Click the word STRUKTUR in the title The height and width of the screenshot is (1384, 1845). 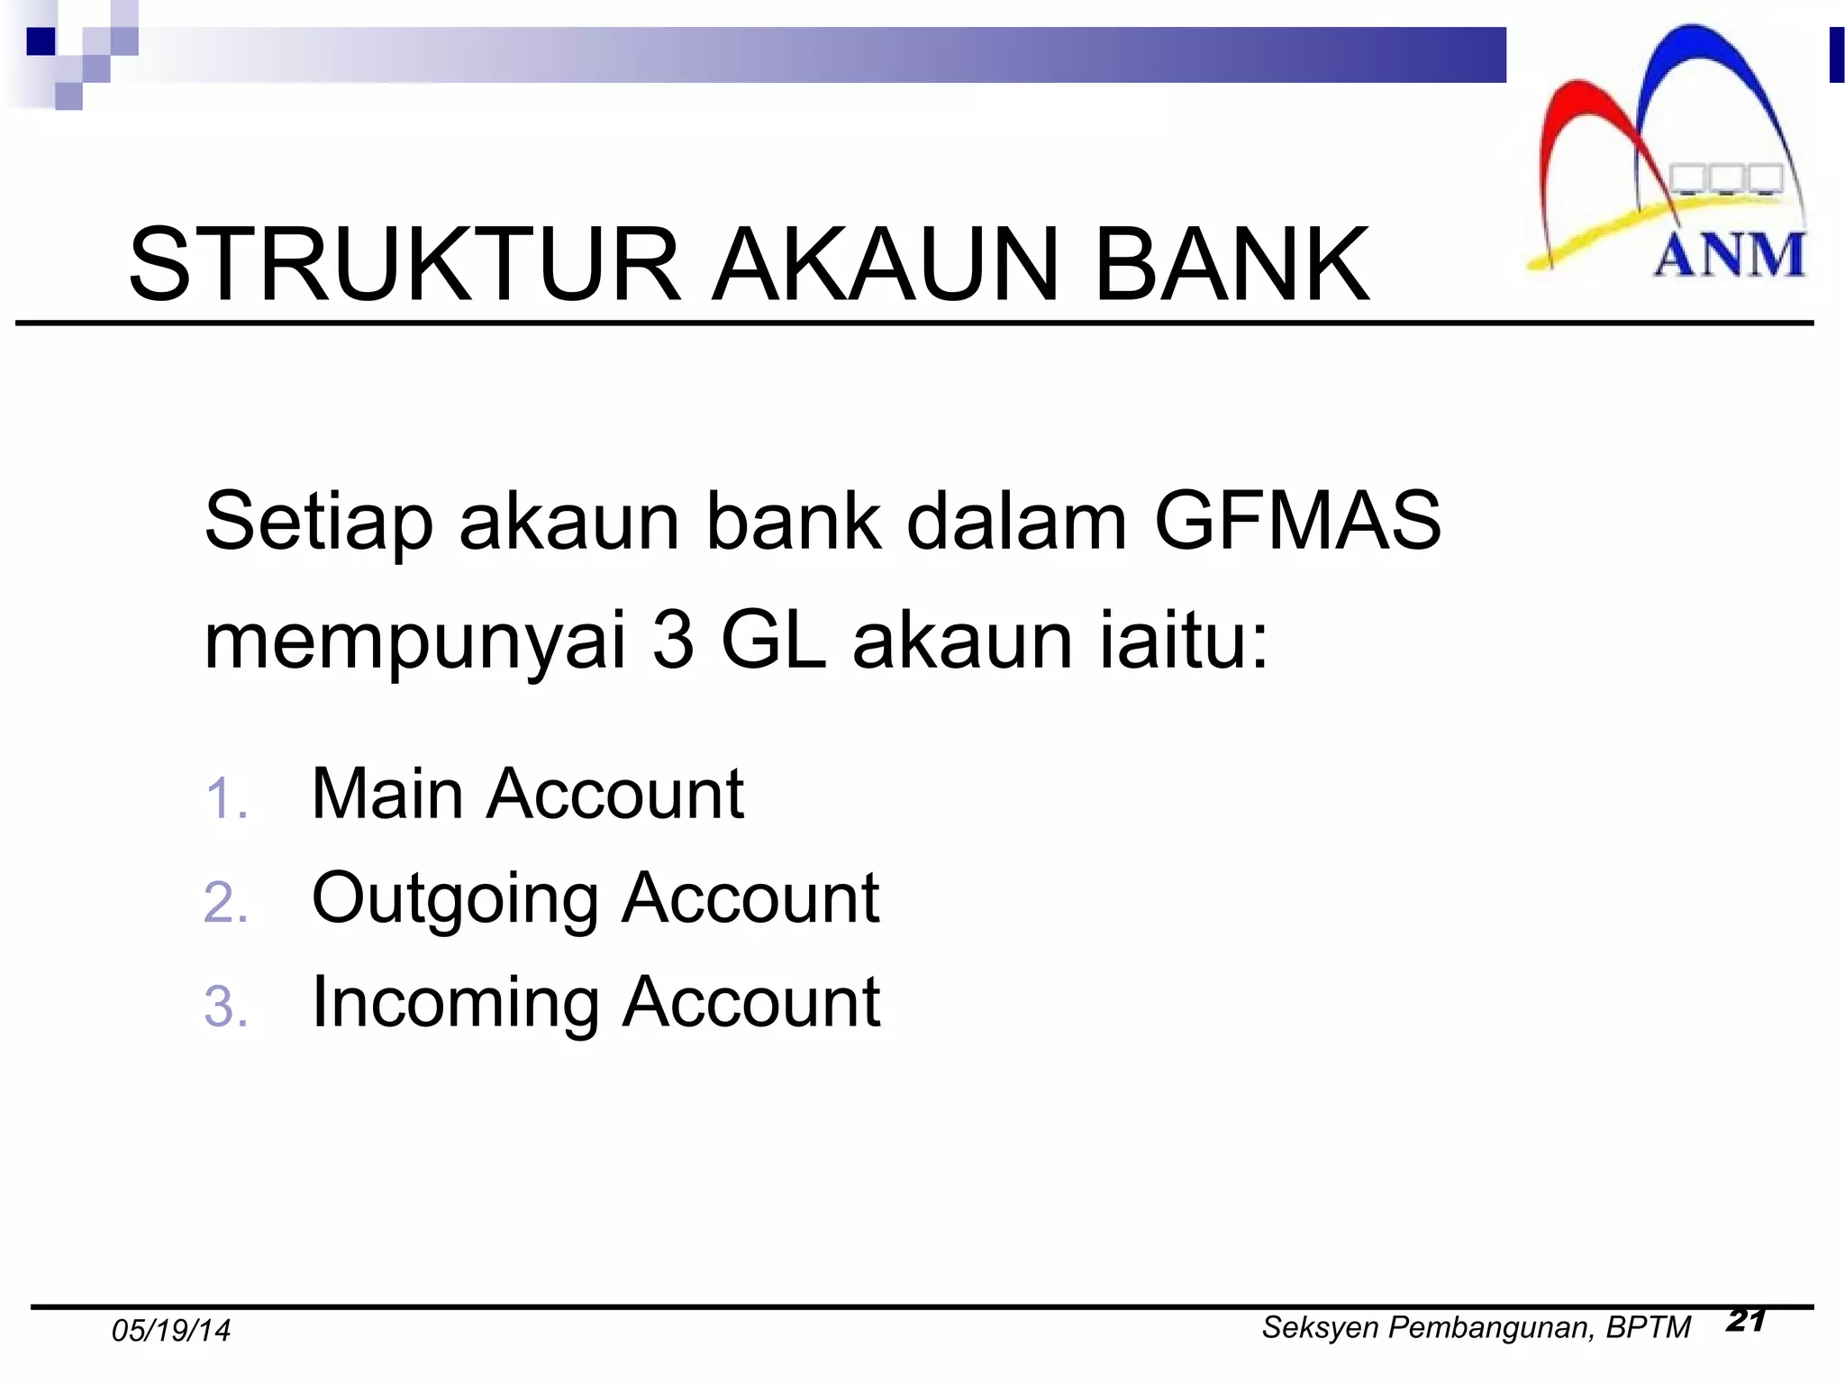tap(404, 265)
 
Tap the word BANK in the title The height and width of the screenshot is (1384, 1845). tap(1232, 265)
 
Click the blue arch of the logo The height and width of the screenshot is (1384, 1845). tap(1694, 54)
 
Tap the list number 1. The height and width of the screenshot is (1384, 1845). tap(224, 798)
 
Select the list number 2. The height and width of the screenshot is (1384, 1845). tap(225, 902)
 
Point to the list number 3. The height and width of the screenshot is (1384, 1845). tap(225, 1006)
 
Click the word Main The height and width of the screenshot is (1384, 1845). tap(387, 794)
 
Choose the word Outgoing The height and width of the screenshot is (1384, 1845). tap(455, 900)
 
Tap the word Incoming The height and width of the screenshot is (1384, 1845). tap(455, 1003)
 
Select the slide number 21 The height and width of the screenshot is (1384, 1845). tap(1746, 1320)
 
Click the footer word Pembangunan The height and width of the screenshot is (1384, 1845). tap(1491, 1327)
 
